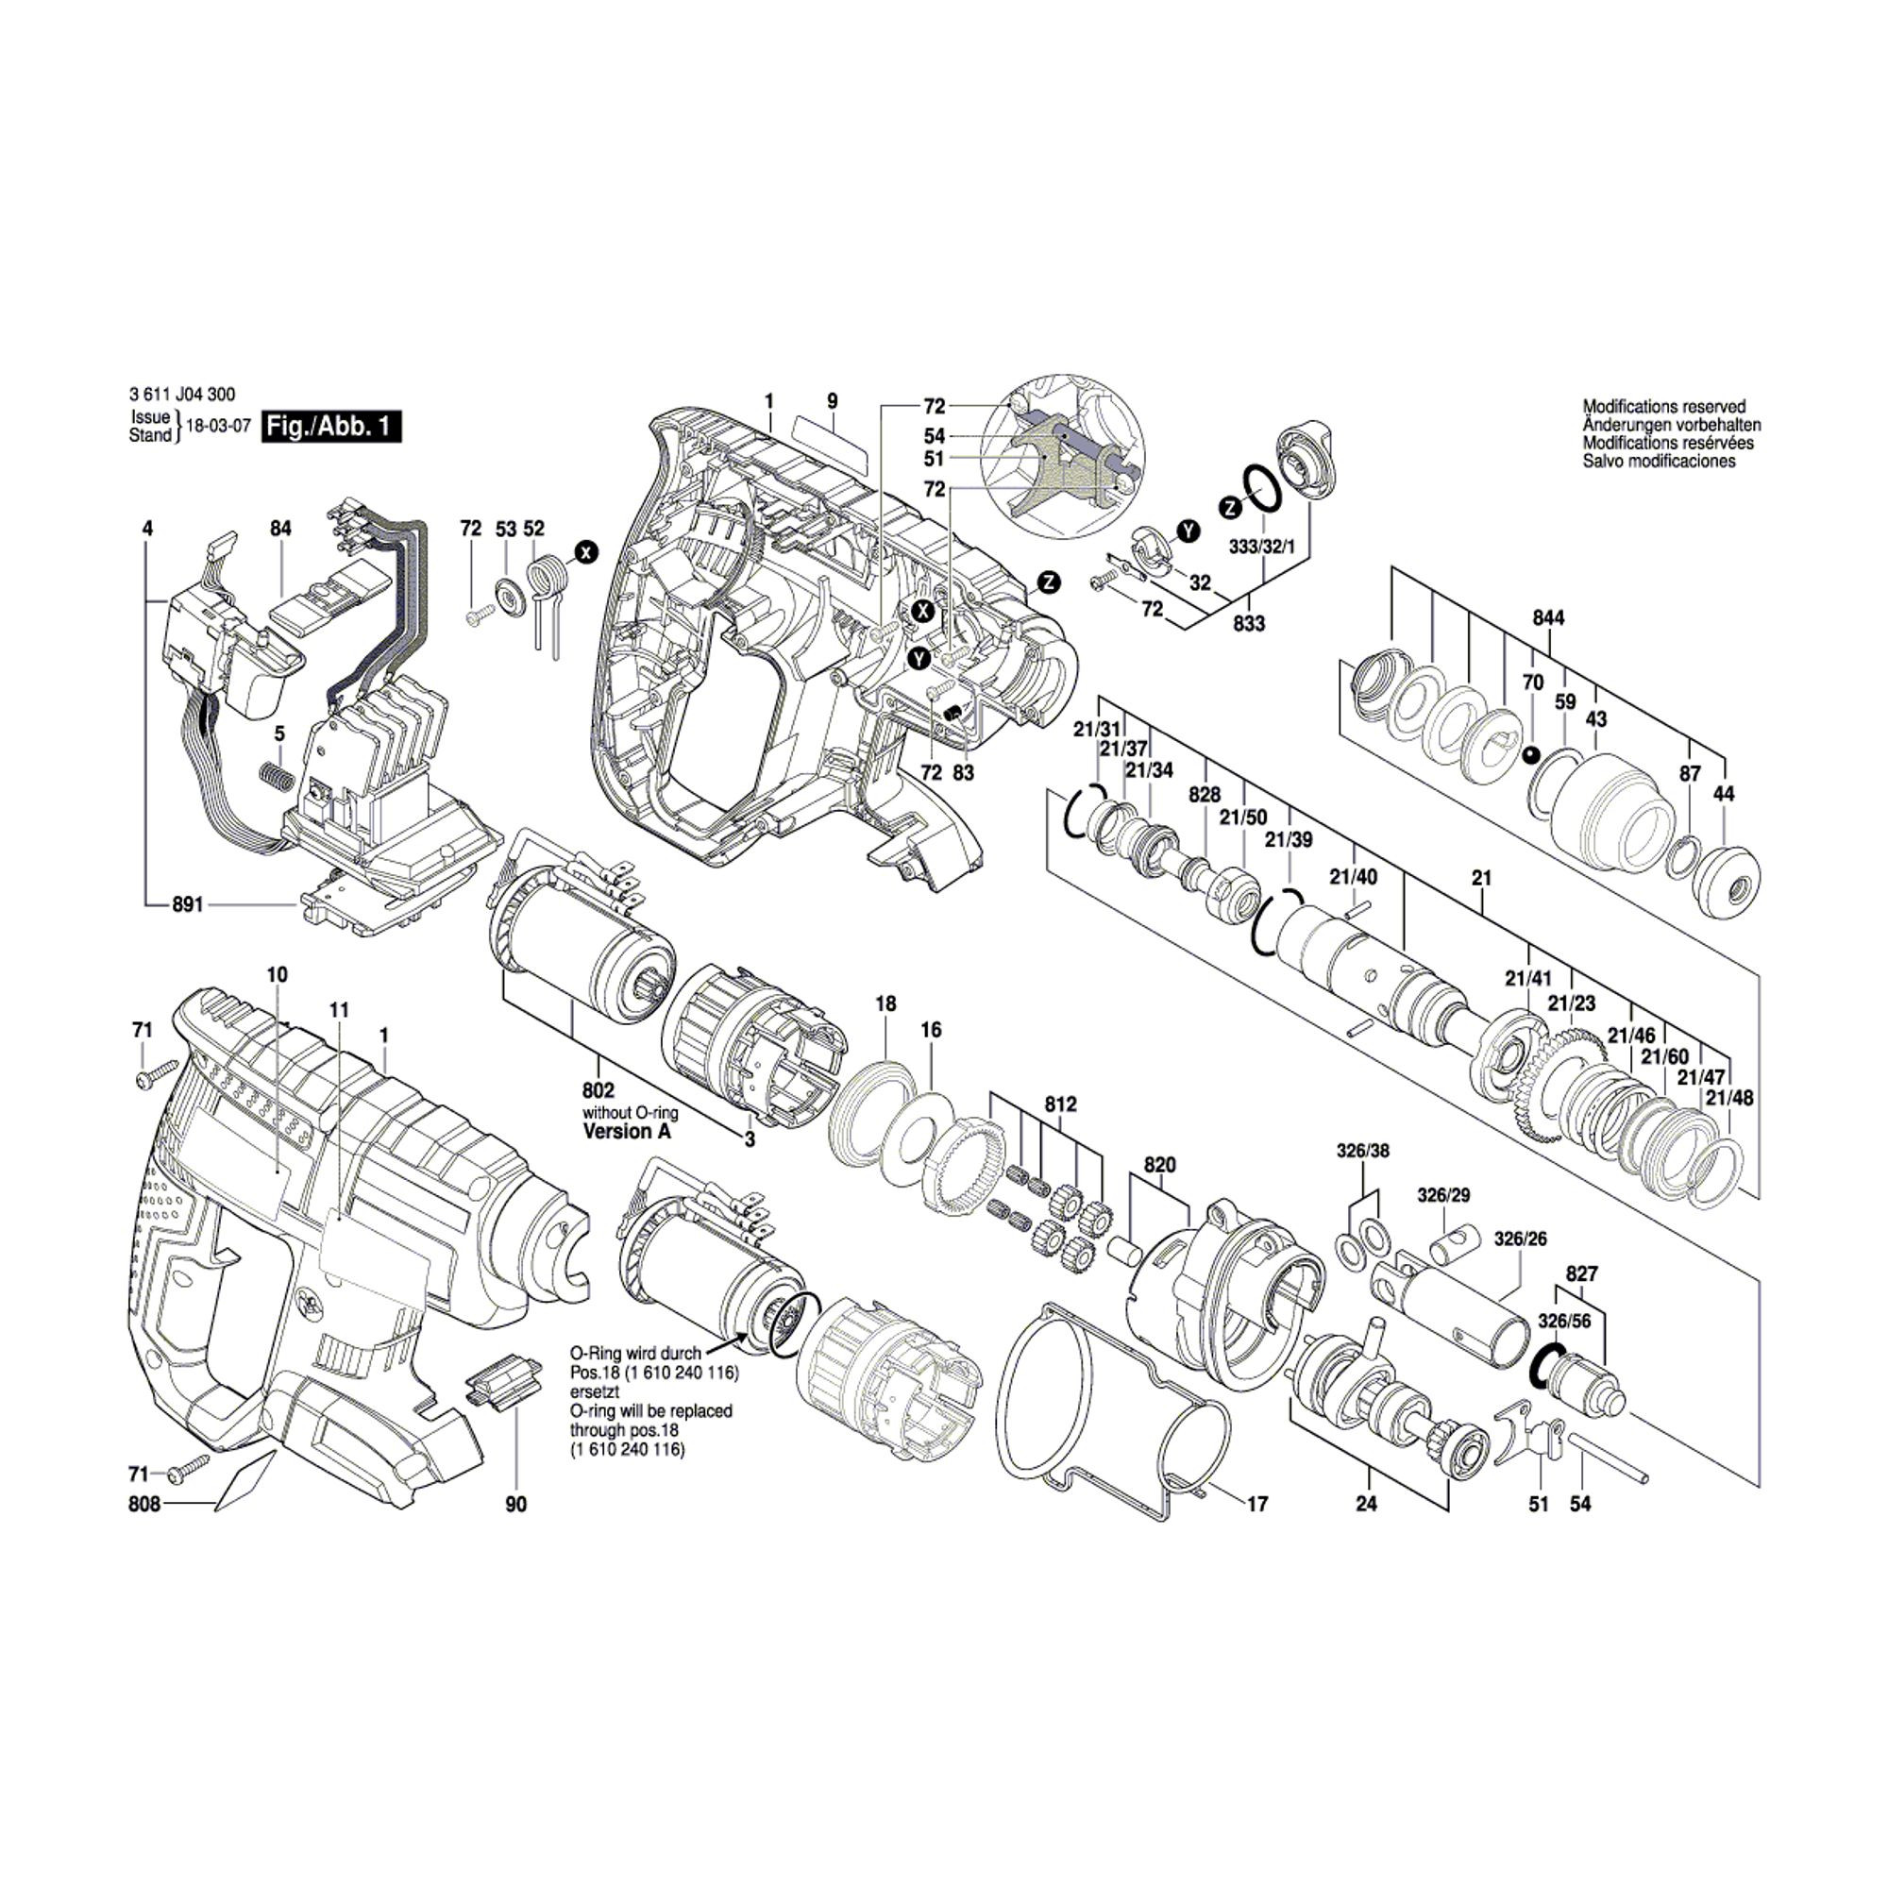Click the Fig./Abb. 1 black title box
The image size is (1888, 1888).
coord(331,427)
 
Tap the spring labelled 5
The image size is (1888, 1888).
coord(277,784)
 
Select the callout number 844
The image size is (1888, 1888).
coord(1548,617)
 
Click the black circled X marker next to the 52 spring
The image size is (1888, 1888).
coord(585,552)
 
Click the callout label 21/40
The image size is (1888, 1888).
coord(1353,877)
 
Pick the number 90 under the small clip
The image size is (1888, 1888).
coord(516,1505)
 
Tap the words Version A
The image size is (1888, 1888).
coord(628,1132)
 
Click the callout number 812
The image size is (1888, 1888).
coord(1060,1104)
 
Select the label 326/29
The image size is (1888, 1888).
coord(1443,1195)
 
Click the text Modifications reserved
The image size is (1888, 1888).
coord(1664,406)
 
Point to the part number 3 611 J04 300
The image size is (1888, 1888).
coord(182,395)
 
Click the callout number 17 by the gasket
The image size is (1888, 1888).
coord(1256,1504)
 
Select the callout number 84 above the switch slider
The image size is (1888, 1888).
coord(280,529)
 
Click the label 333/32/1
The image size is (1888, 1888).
coord(1262,548)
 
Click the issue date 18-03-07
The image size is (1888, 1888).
coord(219,428)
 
